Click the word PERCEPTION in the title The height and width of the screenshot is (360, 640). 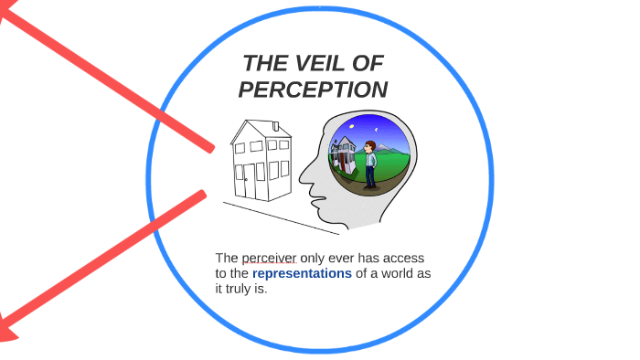click(x=313, y=90)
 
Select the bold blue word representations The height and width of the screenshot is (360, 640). click(x=302, y=273)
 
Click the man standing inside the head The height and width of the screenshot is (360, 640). click(x=370, y=163)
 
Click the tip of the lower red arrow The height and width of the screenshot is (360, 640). click(x=5, y=329)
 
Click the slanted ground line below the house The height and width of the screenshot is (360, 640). click(x=274, y=217)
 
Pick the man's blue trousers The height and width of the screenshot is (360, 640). click(x=370, y=174)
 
